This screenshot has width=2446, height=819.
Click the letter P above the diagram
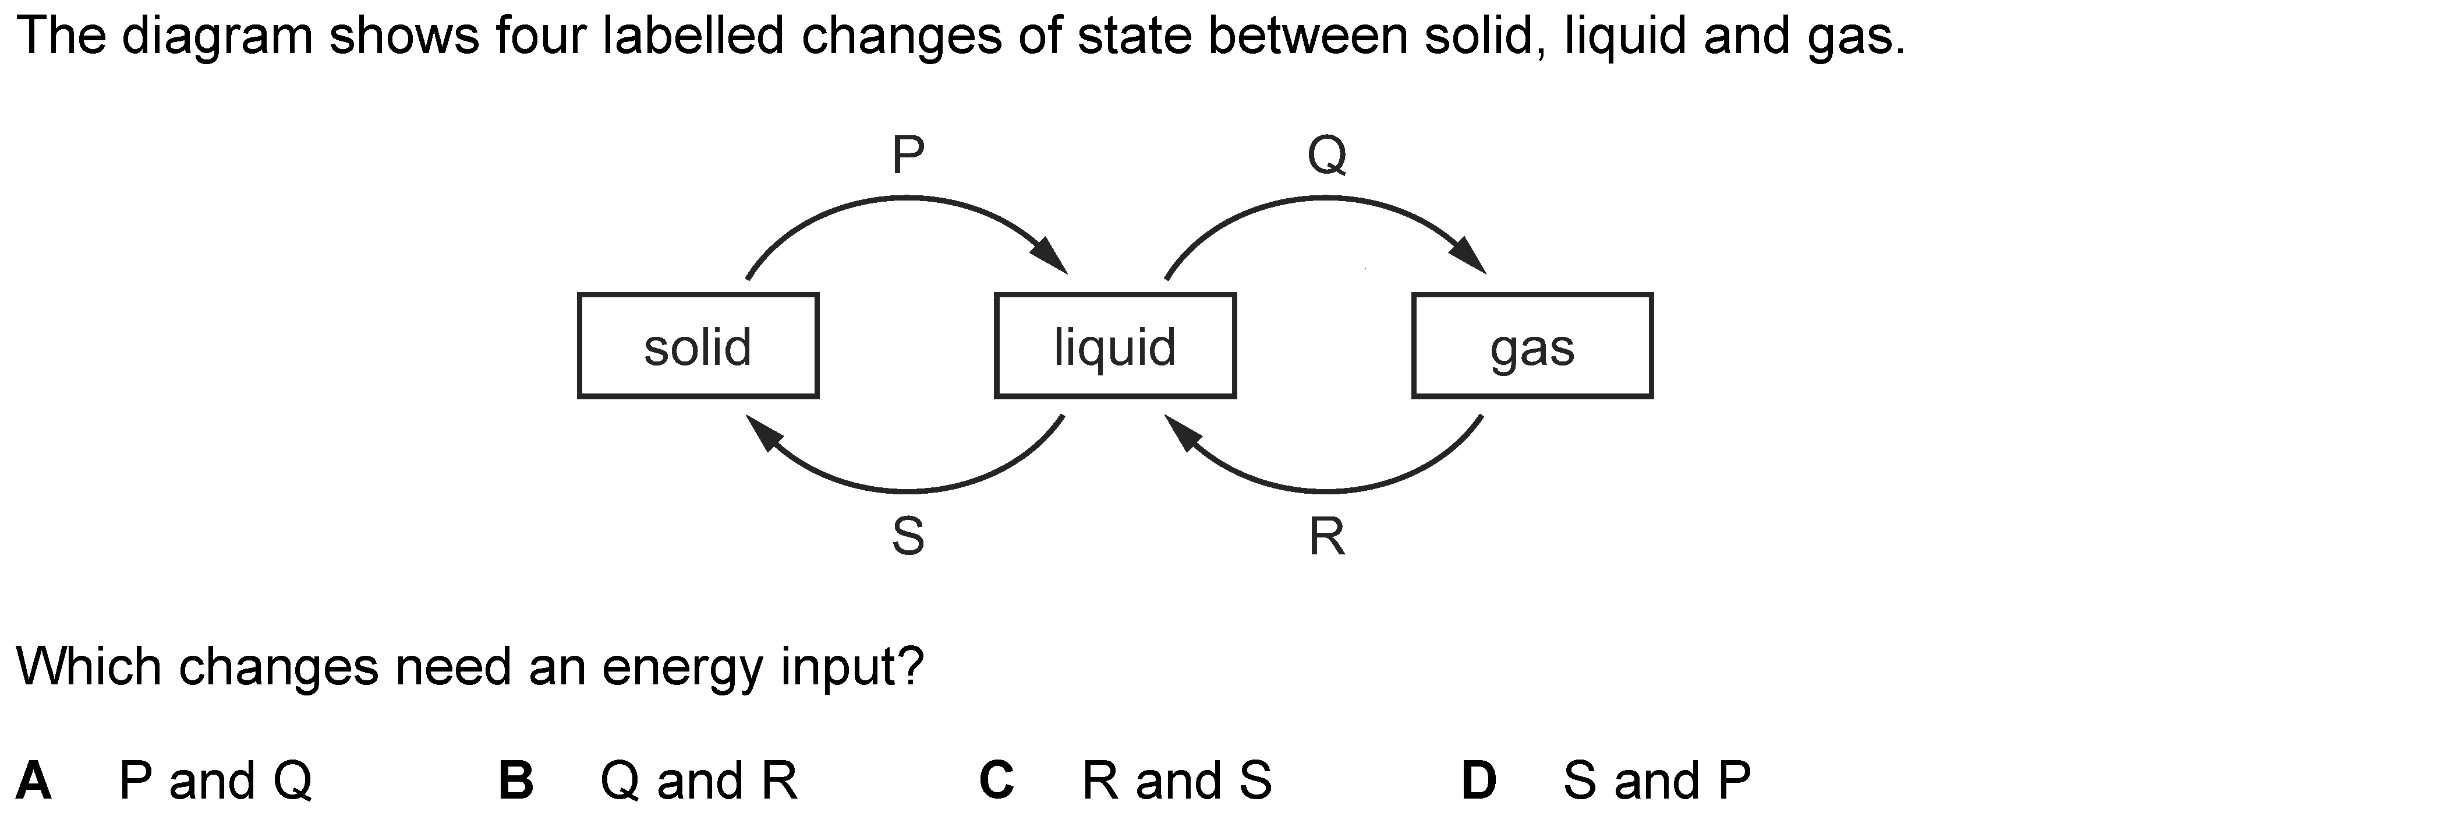click(x=908, y=155)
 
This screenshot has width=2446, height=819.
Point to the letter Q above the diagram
click(x=1326, y=155)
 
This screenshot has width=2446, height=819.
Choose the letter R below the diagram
click(x=1326, y=537)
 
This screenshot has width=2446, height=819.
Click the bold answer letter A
click(x=34, y=781)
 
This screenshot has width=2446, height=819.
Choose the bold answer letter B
click(x=516, y=781)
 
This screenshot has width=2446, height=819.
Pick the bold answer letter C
click(x=997, y=781)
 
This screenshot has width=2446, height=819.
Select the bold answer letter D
click(x=1478, y=781)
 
